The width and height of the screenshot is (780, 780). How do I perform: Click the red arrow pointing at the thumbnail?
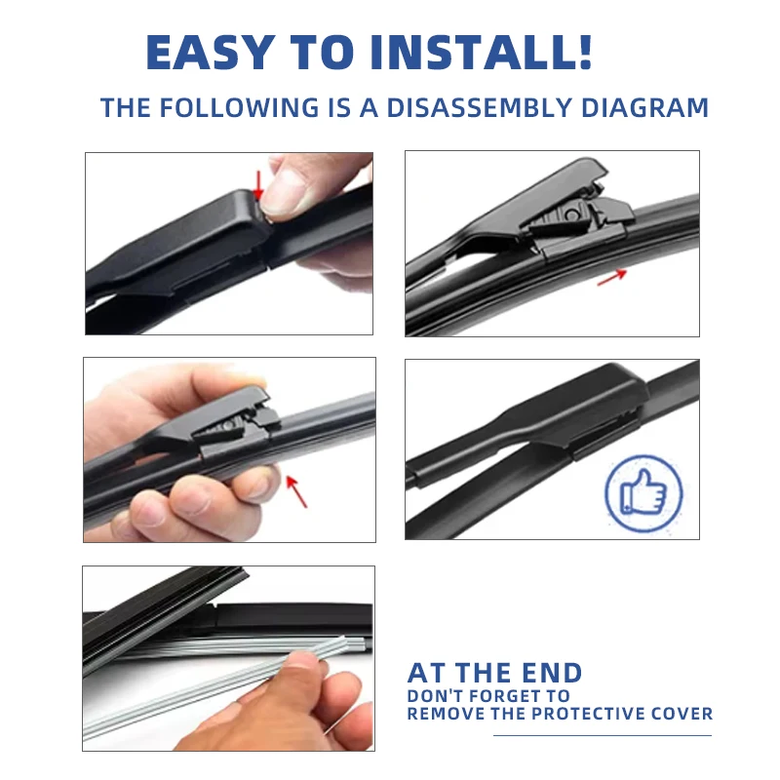click(258, 183)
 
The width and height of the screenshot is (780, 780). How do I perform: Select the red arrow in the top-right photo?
click(611, 277)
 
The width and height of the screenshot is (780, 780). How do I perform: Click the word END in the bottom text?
click(546, 673)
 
